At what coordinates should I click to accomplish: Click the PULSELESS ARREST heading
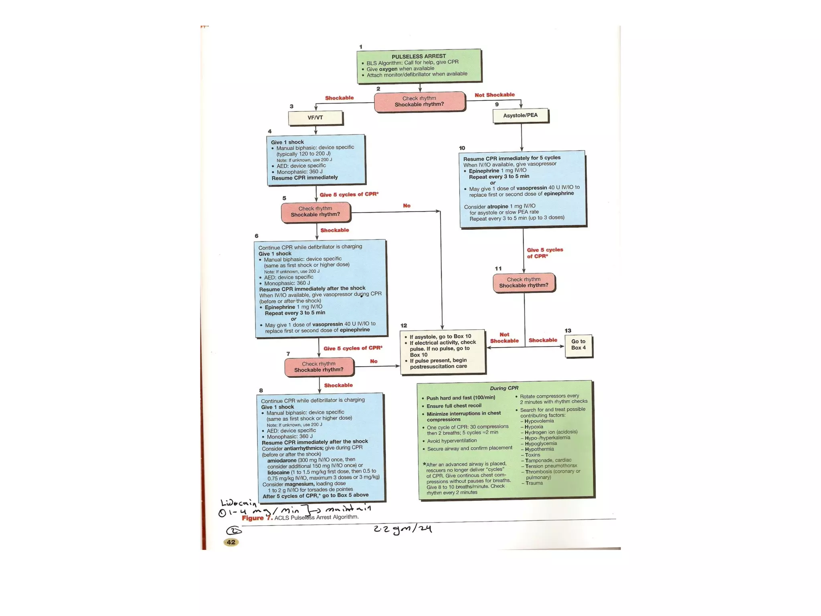pyautogui.click(x=419, y=56)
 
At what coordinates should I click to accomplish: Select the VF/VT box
pyautogui.click(x=315, y=118)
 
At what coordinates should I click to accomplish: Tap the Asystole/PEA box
pyautogui.click(x=520, y=115)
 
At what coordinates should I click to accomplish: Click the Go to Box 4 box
pyautogui.click(x=578, y=345)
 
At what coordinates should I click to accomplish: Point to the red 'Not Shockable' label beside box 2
pyautogui.click(x=494, y=95)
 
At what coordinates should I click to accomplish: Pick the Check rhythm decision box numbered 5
pyautogui.click(x=315, y=212)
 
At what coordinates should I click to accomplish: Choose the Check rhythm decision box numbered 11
pyautogui.click(x=524, y=282)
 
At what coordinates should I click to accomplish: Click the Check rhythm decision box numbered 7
pyautogui.click(x=319, y=367)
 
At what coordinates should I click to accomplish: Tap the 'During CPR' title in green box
pyautogui.click(x=504, y=388)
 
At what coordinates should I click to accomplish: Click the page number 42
pyautogui.click(x=231, y=542)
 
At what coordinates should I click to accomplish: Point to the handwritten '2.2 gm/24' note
pyautogui.click(x=402, y=529)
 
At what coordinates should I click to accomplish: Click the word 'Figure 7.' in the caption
pyautogui.click(x=257, y=518)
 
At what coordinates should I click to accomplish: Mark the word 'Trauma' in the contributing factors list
pyautogui.click(x=534, y=483)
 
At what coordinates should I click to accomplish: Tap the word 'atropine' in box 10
pyautogui.click(x=497, y=207)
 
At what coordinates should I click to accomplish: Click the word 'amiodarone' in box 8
pyautogui.click(x=282, y=460)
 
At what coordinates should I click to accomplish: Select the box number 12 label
pyautogui.click(x=404, y=326)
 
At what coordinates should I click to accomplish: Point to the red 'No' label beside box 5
pyautogui.click(x=406, y=206)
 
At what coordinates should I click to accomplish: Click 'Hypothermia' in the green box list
pyautogui.click(x=539, y=449)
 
